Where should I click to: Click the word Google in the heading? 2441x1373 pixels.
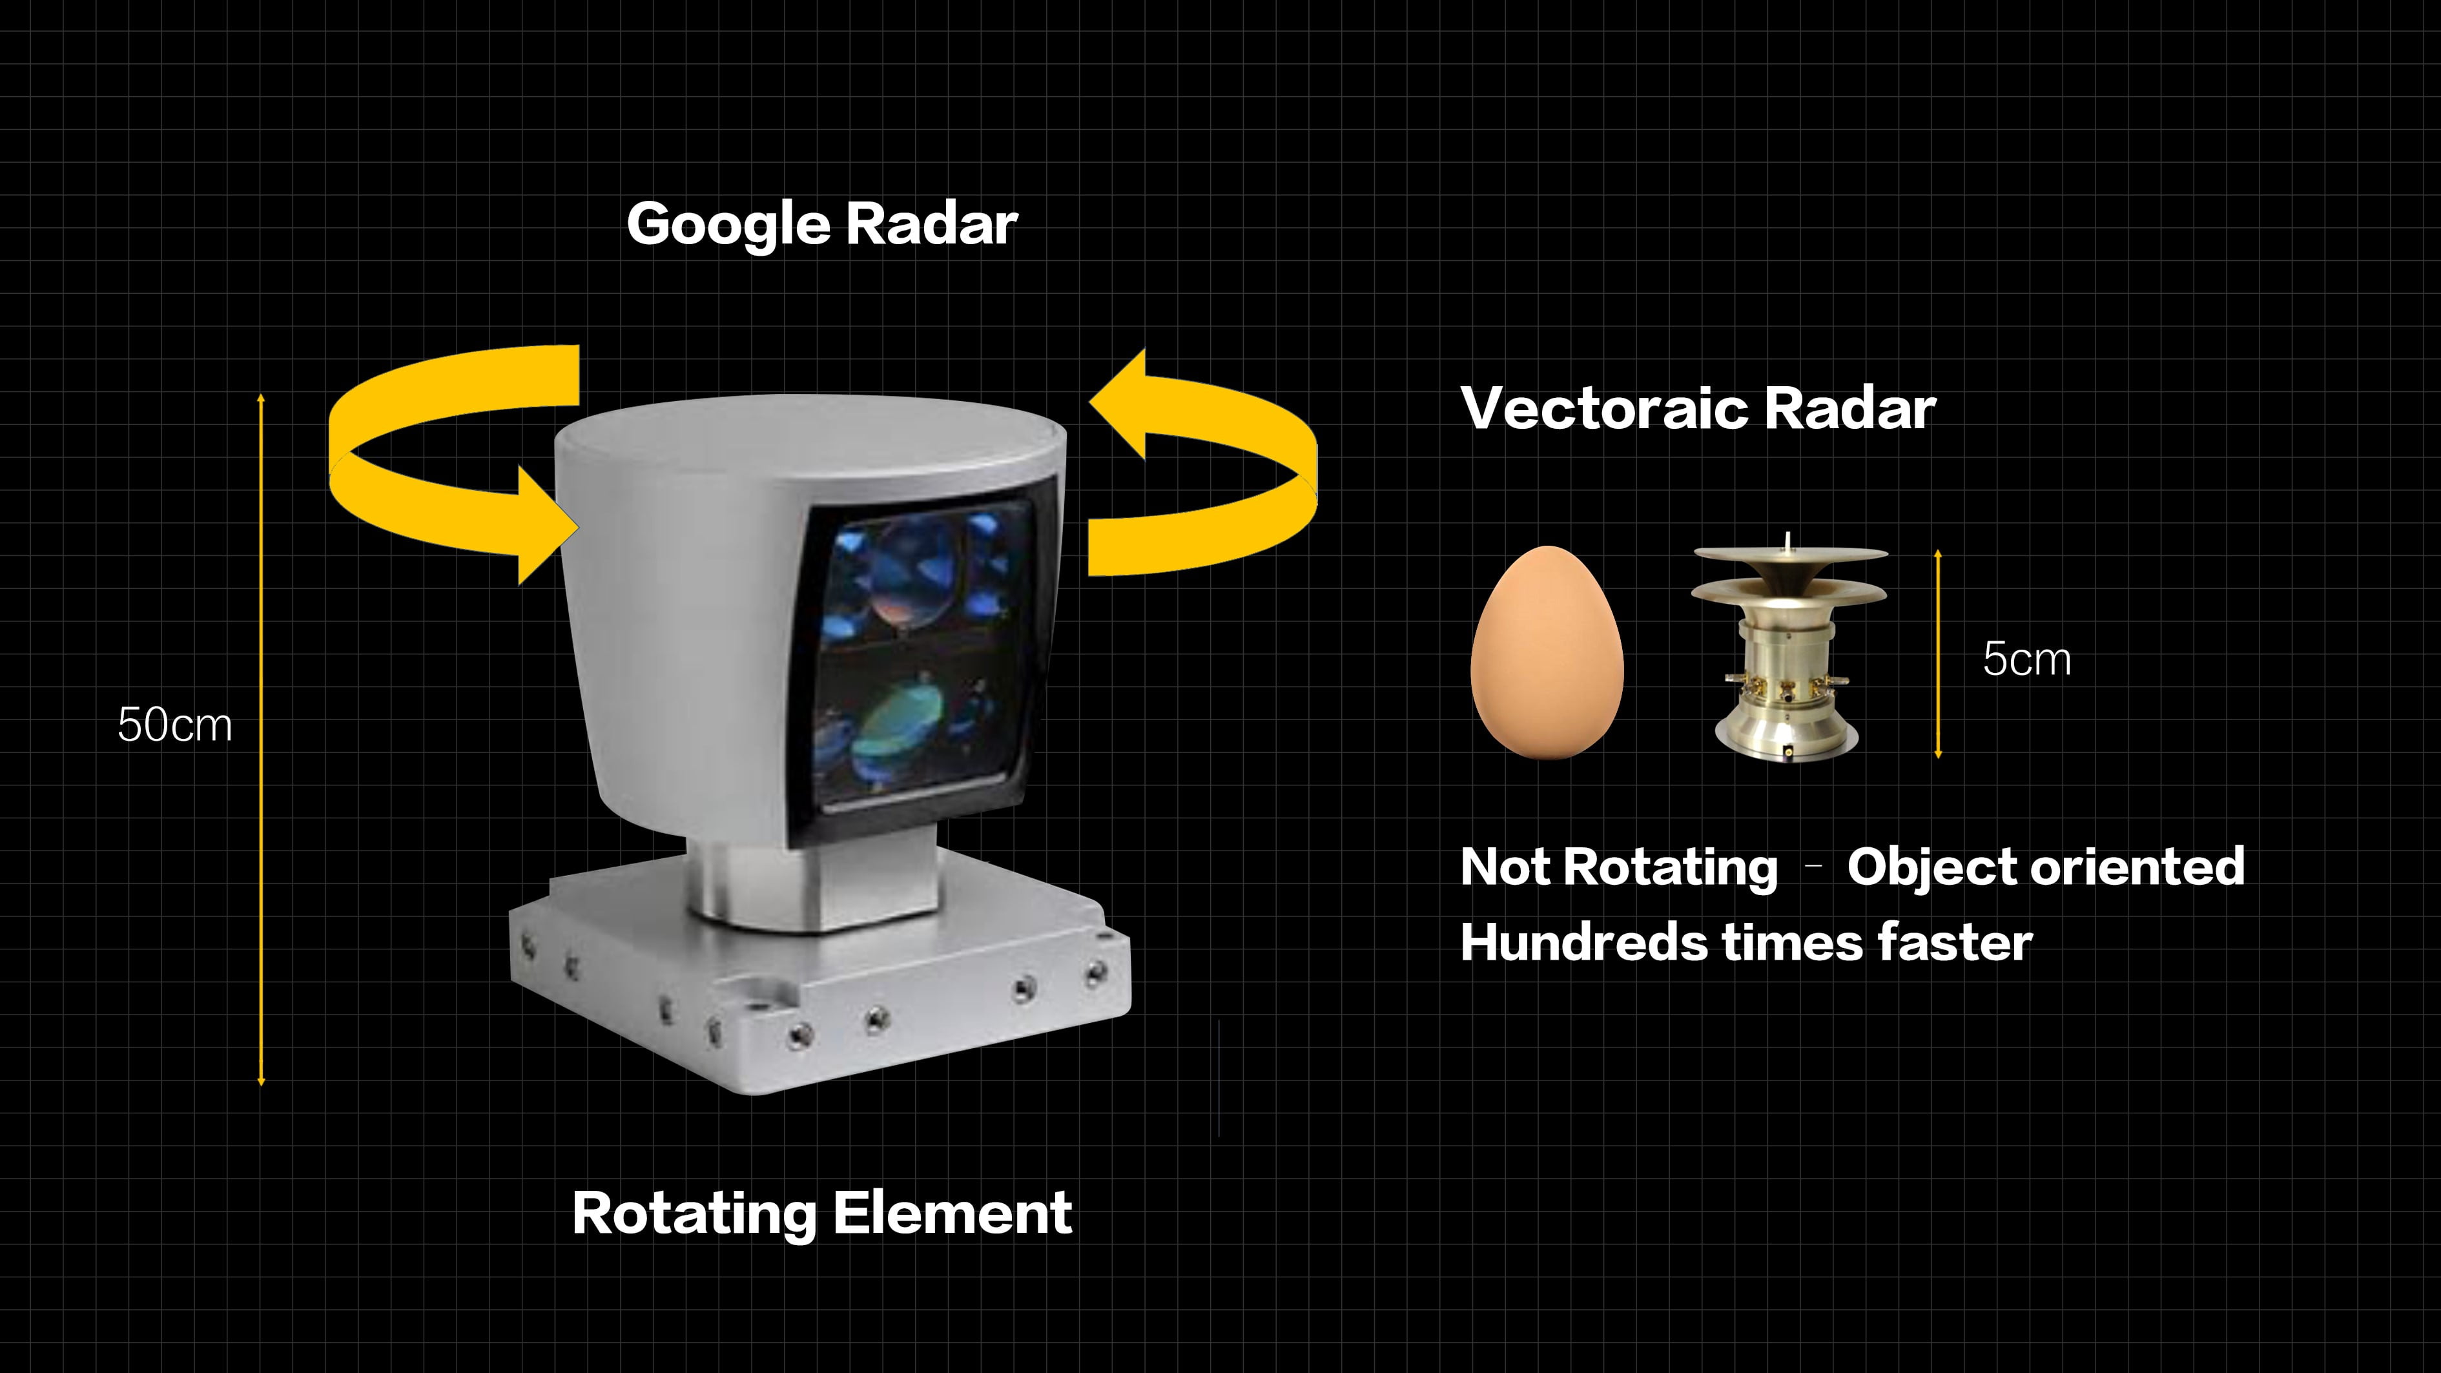pyautogui.click(x=728, y=225)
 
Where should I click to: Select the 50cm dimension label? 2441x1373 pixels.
pyautogui.click(x=174, y=725)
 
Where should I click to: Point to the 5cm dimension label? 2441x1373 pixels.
pyautogui.click(x=2027, y=659)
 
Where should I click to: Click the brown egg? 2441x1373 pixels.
pyautogui.click(x=1547, y=653)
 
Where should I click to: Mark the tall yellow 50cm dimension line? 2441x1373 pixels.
pyautogui.click(x=262, y=739)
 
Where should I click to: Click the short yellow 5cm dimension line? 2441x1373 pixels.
pyautogui.click(x=1938, y=654)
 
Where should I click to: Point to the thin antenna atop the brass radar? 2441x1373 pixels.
pyautogui.click(x=1787, y=542)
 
